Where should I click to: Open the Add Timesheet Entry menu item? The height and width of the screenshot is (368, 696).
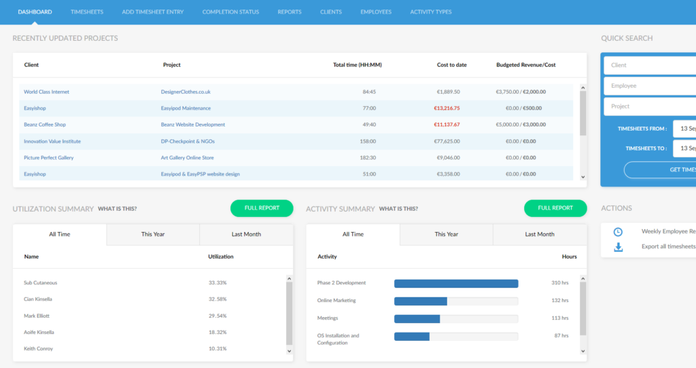coord(153,12)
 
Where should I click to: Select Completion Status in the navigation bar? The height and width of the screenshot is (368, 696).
coord(230,12)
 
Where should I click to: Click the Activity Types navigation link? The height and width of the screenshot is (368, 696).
coord(430,12)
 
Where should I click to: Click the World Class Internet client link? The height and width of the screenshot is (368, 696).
coord(46,92)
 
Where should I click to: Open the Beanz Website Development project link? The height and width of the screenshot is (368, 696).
coord(193,124)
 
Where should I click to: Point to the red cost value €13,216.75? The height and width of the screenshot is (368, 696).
coord(447,108)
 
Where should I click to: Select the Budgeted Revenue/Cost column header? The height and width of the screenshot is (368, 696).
coord(525,65)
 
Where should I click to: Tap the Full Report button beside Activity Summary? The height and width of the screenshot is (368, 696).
coord(555,208)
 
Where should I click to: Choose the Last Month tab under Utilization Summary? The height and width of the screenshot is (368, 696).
coord(246,234)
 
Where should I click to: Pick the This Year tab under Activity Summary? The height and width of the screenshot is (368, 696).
coord(446,234)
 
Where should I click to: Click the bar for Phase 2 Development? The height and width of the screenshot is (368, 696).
coord(456,284)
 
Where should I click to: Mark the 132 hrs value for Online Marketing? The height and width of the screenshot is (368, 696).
coord(560,301)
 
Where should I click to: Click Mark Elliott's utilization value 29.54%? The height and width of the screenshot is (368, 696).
coord(217,316)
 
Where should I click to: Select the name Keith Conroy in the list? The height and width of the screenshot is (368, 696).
coord(38,349)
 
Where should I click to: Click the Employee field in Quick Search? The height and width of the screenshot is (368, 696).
coord(649,86)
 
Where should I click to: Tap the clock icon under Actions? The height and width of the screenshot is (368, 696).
coord(618,231)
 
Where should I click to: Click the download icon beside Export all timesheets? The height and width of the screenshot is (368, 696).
coord(618,247)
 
